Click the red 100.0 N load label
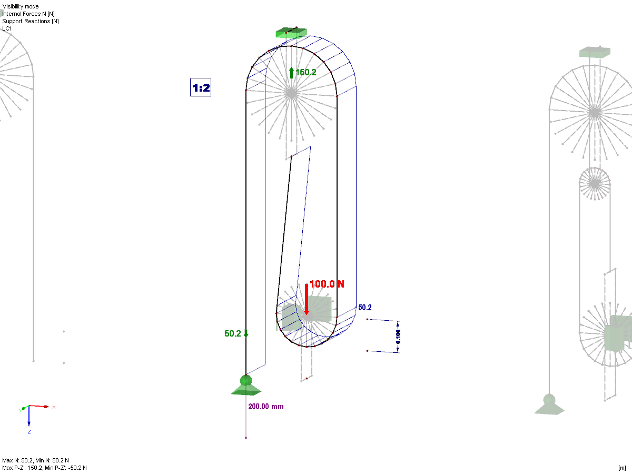click(x=327, y=284)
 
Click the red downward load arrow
click(x=307, y=299)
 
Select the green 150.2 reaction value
click(x=306, y=72)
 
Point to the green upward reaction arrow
click(x=291, y=73)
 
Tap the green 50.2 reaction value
click(x=233, y=333)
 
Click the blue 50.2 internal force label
click(x=365, y=308)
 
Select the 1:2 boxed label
click(x=201, y=87)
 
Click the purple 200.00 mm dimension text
click(x=266, y=407)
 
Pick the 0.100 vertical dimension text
click(x=398, y=337)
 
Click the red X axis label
click(x=54, y=408)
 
